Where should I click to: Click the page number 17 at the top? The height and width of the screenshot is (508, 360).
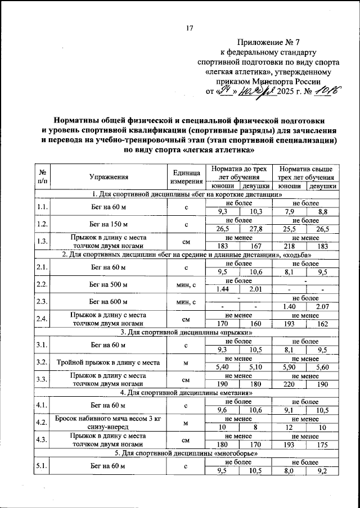[x=190, y=29]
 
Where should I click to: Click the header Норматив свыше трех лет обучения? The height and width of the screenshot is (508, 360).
[x=304, y=173]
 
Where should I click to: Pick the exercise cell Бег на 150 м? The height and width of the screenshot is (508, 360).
[x=109, y=225]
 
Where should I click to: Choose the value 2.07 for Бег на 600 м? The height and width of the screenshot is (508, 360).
[x=321, y=307]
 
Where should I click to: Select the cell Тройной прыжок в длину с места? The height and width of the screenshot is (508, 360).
[x=109, y=362]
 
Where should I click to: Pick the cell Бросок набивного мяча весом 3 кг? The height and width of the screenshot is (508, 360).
[x=109, y=419]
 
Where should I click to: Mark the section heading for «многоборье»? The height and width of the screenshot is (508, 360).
[x=187, y=453]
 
